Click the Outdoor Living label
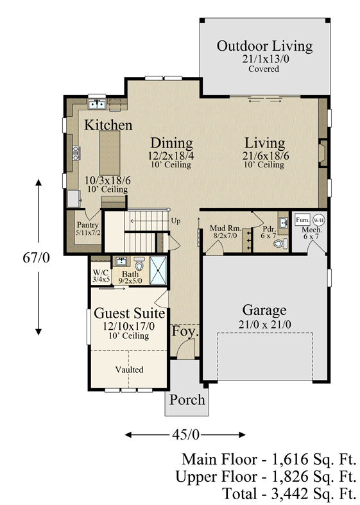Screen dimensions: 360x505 264,46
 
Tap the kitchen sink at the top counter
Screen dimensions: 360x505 97,104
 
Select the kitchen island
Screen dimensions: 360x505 110,153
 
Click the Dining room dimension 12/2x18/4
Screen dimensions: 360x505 171,156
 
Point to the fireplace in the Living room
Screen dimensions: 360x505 323,153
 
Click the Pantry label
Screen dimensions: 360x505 87,225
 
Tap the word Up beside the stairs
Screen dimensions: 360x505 176,221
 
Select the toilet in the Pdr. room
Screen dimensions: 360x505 280,243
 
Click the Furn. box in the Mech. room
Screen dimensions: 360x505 303,220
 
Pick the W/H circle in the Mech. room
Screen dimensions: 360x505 319,220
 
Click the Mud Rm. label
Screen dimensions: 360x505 225,228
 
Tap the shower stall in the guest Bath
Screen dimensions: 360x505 158,271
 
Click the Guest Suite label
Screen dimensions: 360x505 130,313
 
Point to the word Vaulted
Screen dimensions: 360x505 130,370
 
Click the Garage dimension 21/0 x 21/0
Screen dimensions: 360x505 264,325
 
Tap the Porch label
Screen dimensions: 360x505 187,400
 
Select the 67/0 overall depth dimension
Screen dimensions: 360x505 37,257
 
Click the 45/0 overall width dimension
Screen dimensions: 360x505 186,435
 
